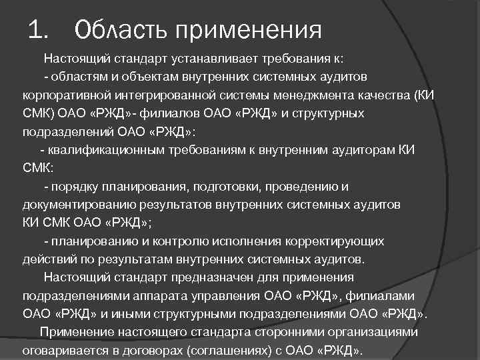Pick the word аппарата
pos(161,295)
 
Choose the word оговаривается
pos(61,350)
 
